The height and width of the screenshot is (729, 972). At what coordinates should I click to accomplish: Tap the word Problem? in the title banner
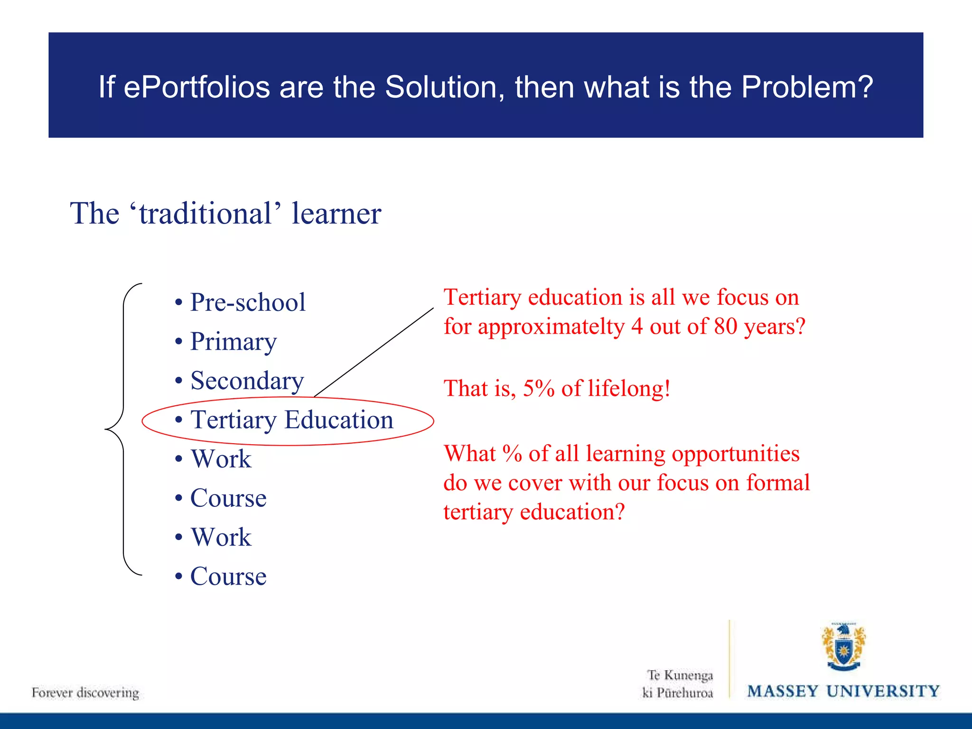(x=806, y=87)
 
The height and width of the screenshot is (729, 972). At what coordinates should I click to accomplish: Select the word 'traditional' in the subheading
(x=206, y=213)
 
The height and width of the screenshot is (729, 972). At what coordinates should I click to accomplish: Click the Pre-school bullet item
(x=247, y=302)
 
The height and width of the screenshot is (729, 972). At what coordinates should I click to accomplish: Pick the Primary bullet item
(x=233, y=342)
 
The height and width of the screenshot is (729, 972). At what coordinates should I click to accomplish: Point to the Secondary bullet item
(x=247, y=381)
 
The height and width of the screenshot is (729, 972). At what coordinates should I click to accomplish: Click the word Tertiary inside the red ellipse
(x=233, y=421)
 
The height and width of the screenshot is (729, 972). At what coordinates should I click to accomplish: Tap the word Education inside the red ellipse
(x=339, y=420)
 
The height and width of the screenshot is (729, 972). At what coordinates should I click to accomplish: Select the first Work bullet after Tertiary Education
(x=221, y=459)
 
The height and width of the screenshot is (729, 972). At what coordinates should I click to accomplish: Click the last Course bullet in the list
(x=228, y=576)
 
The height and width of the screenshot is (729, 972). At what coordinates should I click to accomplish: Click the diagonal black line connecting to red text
(x=374, y=352)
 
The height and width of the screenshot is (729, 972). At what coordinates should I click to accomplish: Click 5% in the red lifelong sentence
(x=539, y=389)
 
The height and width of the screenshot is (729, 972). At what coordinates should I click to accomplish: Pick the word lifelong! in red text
(x=629, y=389)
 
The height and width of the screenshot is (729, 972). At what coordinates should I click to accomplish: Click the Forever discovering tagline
(x=85, y=692)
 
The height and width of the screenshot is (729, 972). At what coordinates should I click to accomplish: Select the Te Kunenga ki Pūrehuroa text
(x=678, y=684)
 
